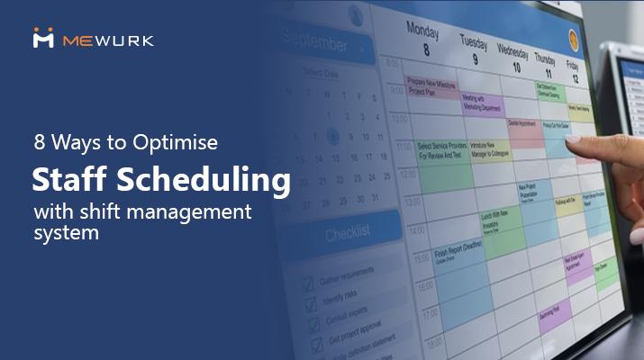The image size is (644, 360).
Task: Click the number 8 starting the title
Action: (x=39, y=144)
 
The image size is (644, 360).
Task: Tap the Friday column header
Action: (x=572, y=70)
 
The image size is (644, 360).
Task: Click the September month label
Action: (x=315, y=42)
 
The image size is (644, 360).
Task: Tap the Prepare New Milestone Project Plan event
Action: (x=430, y=86)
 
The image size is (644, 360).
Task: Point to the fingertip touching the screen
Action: (x=568, y=143)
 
